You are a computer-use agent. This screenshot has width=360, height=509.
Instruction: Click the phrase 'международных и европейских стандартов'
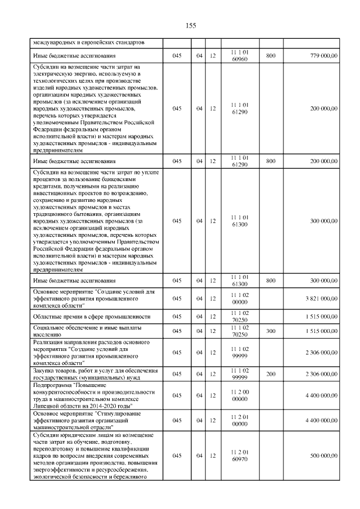coord(89,42)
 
